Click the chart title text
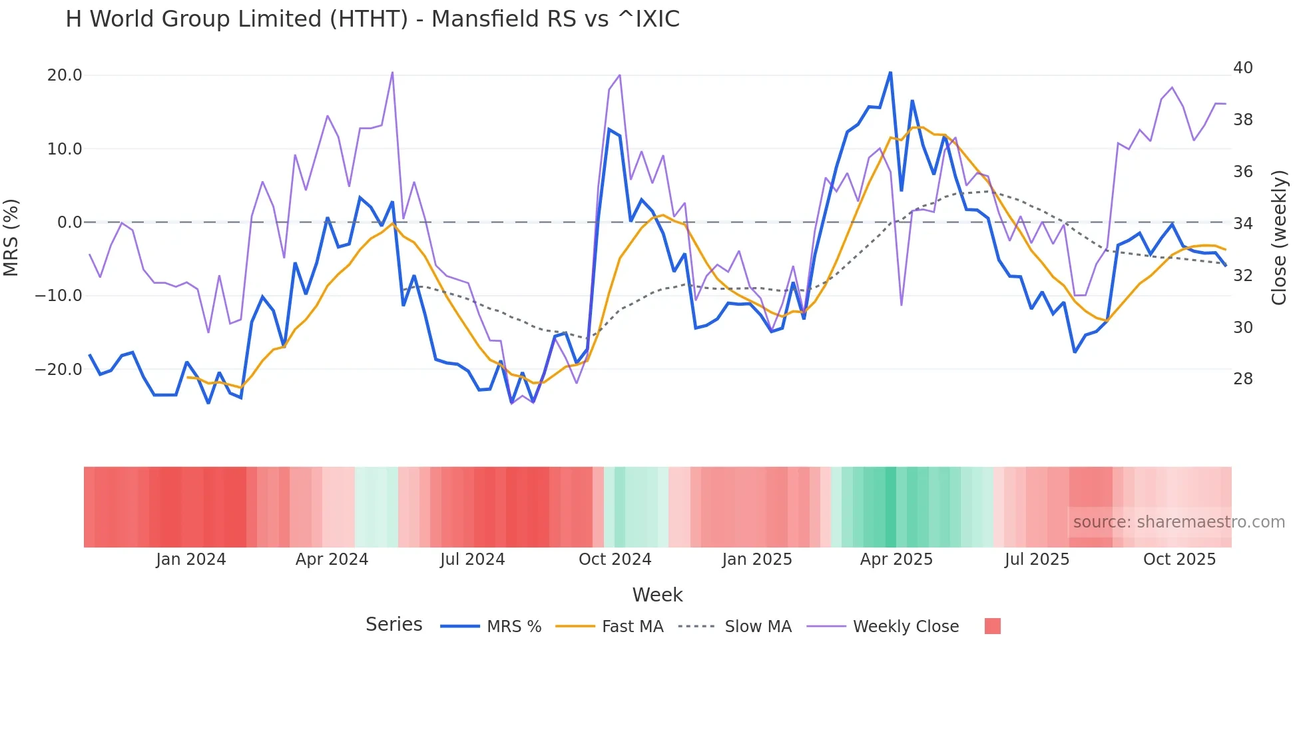372,19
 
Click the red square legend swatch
992,626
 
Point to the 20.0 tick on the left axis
65,75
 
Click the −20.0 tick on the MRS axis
59,370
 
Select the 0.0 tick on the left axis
69,222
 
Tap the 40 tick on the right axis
1243,68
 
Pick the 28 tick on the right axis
1243,379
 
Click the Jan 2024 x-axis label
191,559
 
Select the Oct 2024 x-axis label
615,559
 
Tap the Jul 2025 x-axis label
1037,559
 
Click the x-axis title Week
657,595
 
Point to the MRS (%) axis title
11,237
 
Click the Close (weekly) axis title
1279,238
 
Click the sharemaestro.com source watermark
1178,522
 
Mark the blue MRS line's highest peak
890,73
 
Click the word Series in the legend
393,625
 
